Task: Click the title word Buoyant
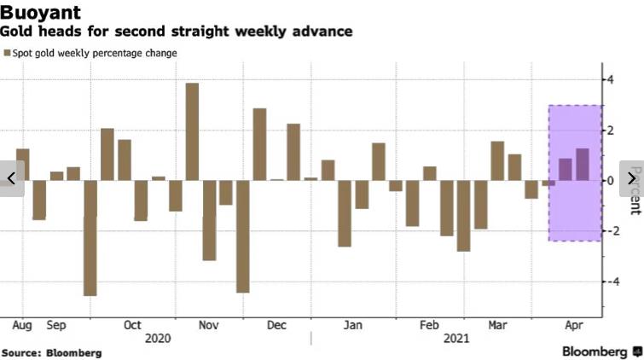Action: click(41, 12)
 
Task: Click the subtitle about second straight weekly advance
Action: click(176, 32)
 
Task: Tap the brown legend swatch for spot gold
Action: click(7, 53)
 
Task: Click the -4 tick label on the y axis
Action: click(609, 282)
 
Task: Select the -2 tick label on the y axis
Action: click(609, 231)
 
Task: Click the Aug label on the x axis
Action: click(22, 325)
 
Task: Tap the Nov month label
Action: click(209, 325)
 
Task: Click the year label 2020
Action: click(159, 339)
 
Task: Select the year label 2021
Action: click(457, 339)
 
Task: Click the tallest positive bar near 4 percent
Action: click(192, 131)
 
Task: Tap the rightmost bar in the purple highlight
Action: click(583, 164)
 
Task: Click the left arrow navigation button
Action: click(11, 178)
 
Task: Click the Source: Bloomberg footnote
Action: click(51, 352)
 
